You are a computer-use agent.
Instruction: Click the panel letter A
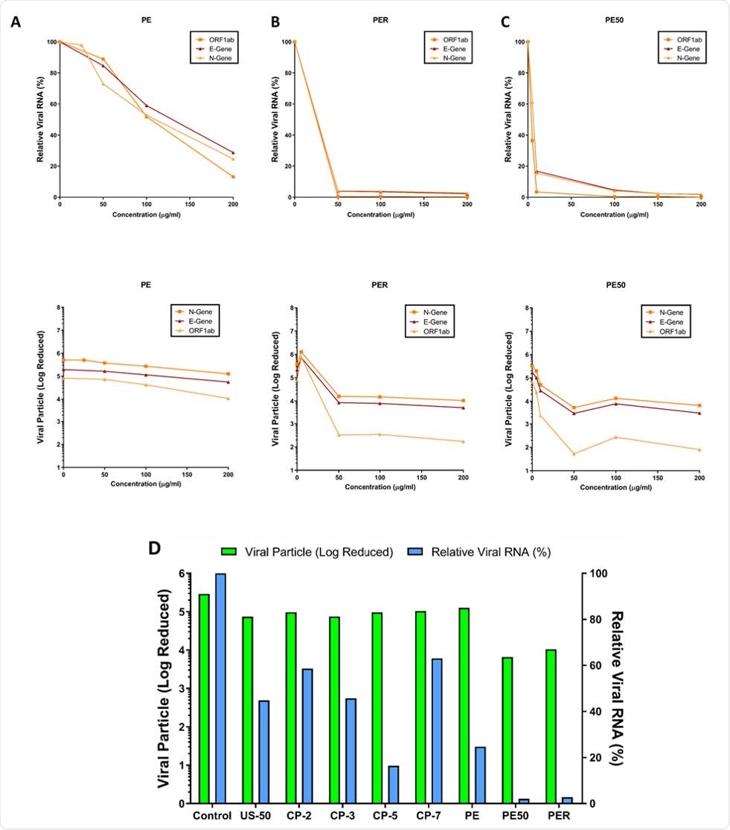(x=16, y=22)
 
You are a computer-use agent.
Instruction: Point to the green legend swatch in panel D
(x=230, y=551)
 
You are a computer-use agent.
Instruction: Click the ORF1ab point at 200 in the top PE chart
(x=233, y=176)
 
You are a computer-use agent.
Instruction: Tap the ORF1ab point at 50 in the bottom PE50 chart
(x=574, y=454)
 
